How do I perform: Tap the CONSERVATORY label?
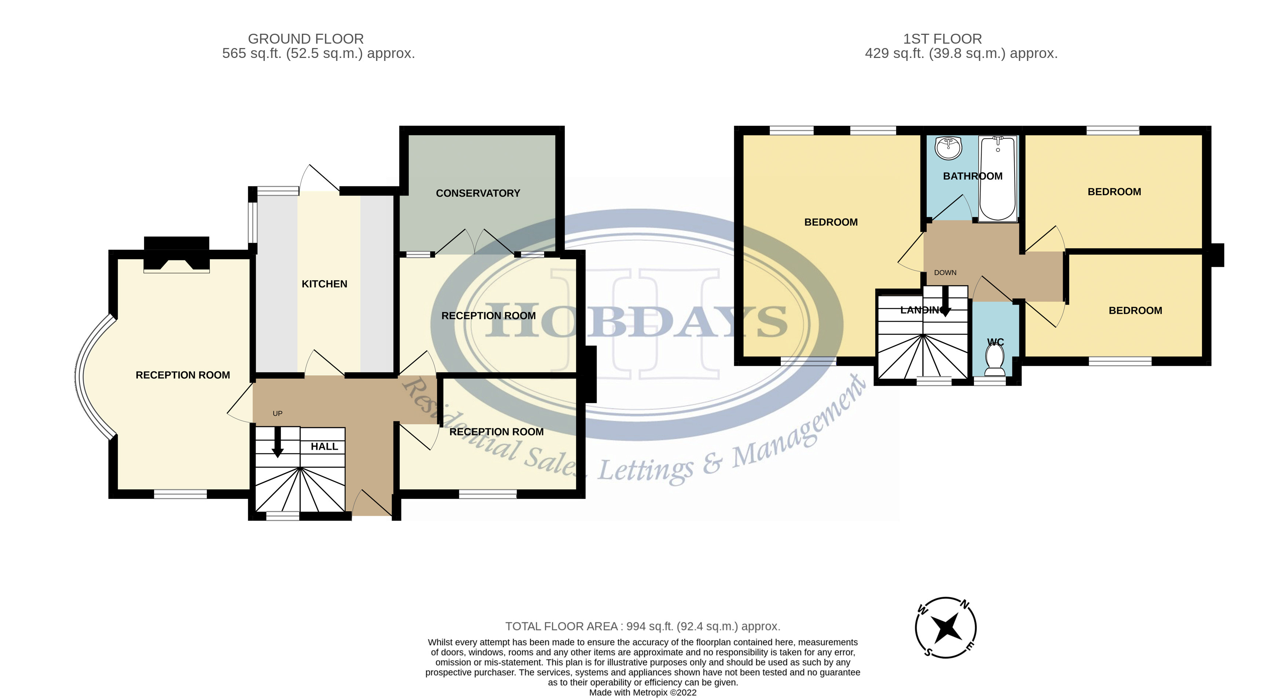[x=478, y=193]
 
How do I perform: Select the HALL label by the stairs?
[x=324, y=446]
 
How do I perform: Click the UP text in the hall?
[x=278, y=413]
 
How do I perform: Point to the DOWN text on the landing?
[x=945, y=273]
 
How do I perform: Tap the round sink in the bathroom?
[x=948, y=148]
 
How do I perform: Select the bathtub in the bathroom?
[x=997, y=179]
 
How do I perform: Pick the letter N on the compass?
[x=966, y=606]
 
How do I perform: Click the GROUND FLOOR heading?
[x=305, y=39]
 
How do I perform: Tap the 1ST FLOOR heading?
[x=942, y=39]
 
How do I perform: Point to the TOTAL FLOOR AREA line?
[x=642, y=626]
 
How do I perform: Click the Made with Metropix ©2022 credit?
[x=642, y=692]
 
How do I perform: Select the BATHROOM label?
[x=972, y=176]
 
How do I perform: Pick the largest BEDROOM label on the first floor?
[x=831, y=222]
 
